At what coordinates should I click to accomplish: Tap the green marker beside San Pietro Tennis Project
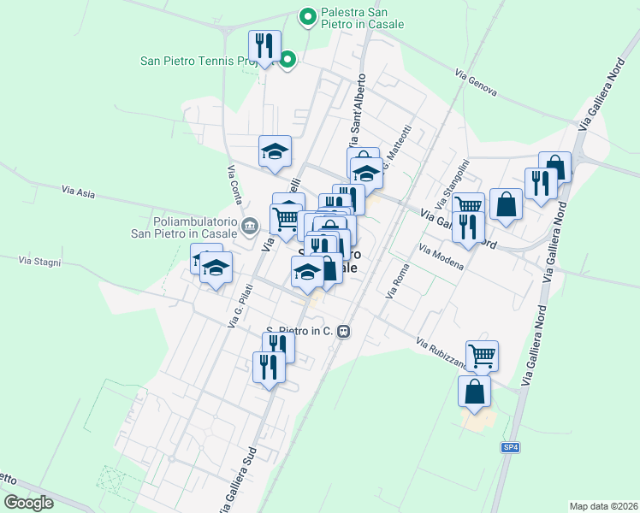click(288, 60)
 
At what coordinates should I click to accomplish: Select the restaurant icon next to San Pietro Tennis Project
click(265, 46)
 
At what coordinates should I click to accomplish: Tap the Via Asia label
click(78, 192)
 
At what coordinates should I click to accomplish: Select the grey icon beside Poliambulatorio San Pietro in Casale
click(249, 226)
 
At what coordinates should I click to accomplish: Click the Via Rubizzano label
click(441, 355)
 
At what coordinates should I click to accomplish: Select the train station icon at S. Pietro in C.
click(343, 331)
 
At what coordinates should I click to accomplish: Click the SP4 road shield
click(510, 447)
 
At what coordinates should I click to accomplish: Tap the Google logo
click(28, 503)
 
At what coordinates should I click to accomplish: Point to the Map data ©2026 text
click(602, 506)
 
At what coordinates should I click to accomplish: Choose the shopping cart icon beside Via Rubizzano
click(482, 355)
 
